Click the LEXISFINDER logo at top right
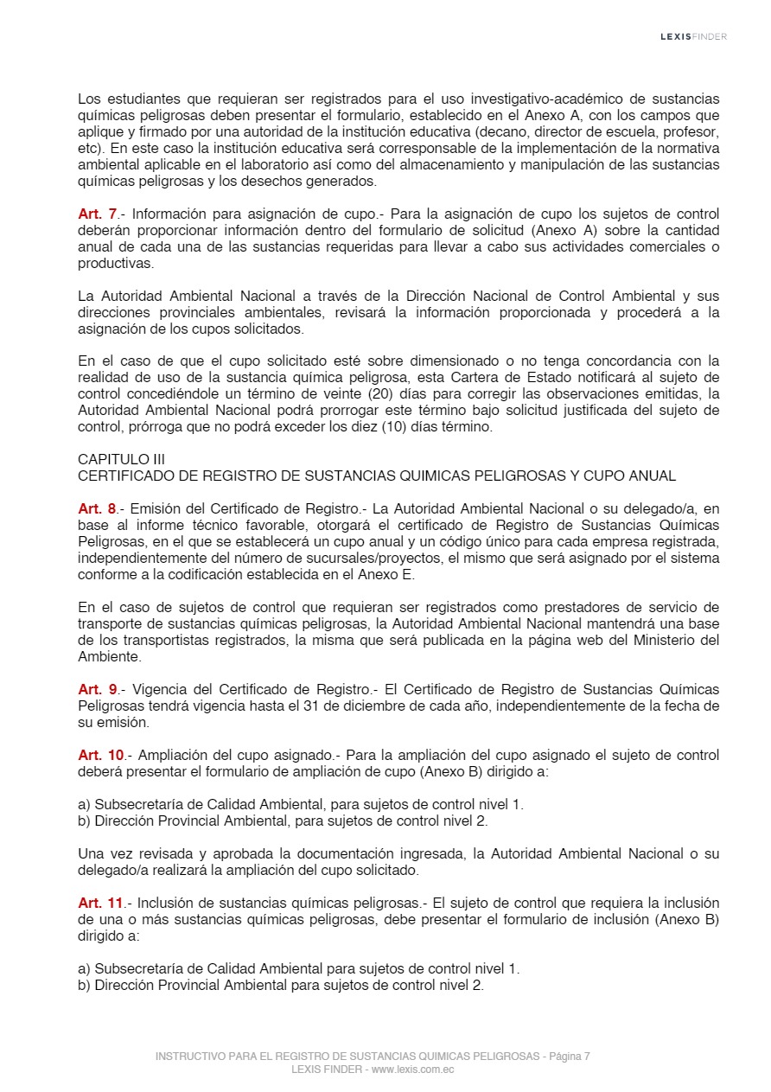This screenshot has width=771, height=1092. [x=693, y=37]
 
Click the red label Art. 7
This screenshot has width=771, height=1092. [x=97, y=214]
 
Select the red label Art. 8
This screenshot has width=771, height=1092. [x=97, y=508]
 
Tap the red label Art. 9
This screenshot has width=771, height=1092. [x=97, y=689]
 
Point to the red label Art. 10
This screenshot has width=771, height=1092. [x=101, y=755]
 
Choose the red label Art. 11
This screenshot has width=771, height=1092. [x=100, y=903]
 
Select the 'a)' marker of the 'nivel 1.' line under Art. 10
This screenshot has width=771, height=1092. [x=84, y=804]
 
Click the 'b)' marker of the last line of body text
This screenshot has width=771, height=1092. [x=84, y=986]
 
